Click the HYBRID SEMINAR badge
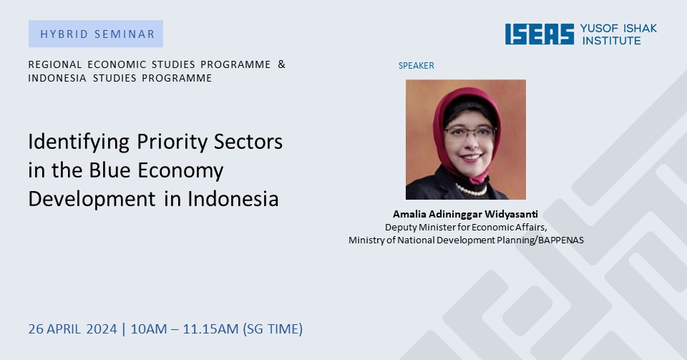point(96,34)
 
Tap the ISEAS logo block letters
point(540,34)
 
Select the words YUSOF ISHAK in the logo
point(618,29)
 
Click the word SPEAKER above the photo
point(416,66)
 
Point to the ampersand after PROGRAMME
point(281,64)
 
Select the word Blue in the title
point(108,170)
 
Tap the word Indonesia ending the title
point(233,198)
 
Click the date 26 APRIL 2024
point(73,329)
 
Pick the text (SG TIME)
point(273,329)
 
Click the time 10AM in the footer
point(149,329)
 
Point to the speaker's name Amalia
point(409,214)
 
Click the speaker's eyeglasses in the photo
point(469,132)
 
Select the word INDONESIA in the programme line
point(57,78)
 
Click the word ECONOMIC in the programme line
point(117,64)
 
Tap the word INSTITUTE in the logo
point(611,41)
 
